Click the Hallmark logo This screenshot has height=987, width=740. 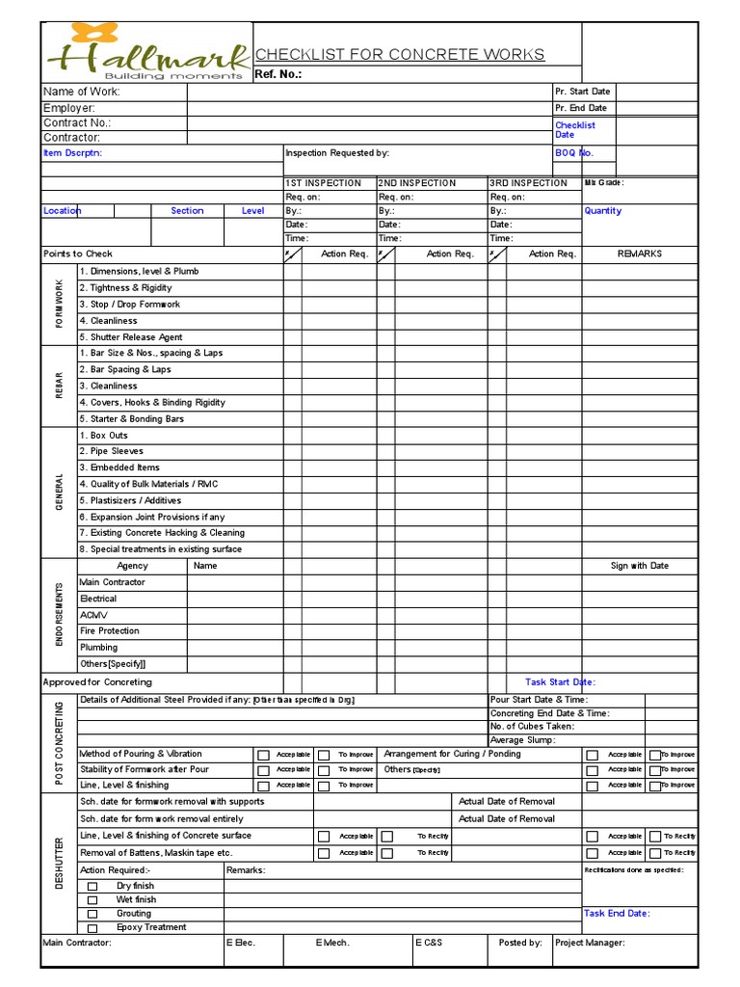(x=145, y=54)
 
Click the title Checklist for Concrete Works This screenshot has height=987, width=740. (x=399, y=55)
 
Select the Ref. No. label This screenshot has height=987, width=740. (x=278, y=74)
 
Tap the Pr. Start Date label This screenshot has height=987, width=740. (x=582, y=92)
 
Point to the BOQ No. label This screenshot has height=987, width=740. (x=574, y=153)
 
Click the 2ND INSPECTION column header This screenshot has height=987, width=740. (x=417, y=183)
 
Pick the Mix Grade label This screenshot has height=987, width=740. (x=604, y=182)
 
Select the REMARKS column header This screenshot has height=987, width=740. (x=640, y=254)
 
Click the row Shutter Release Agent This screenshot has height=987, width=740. (x=131, y=337)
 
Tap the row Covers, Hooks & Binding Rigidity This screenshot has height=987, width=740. (x=152, y=403)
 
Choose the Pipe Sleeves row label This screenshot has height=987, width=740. (x=111, y=451)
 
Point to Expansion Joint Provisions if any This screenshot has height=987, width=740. (x=151, y=517)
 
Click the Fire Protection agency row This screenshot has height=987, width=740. (x=109, y=631)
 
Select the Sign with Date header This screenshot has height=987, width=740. (x=639, y=566)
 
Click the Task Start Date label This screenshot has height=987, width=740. (x=560, y=682)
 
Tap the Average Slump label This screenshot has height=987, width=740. (x=521, y=739)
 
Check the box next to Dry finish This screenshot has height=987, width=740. (x=92, y=886)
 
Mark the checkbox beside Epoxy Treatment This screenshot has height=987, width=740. (x=92, y=928)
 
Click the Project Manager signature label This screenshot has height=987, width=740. (x=590, y=943)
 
